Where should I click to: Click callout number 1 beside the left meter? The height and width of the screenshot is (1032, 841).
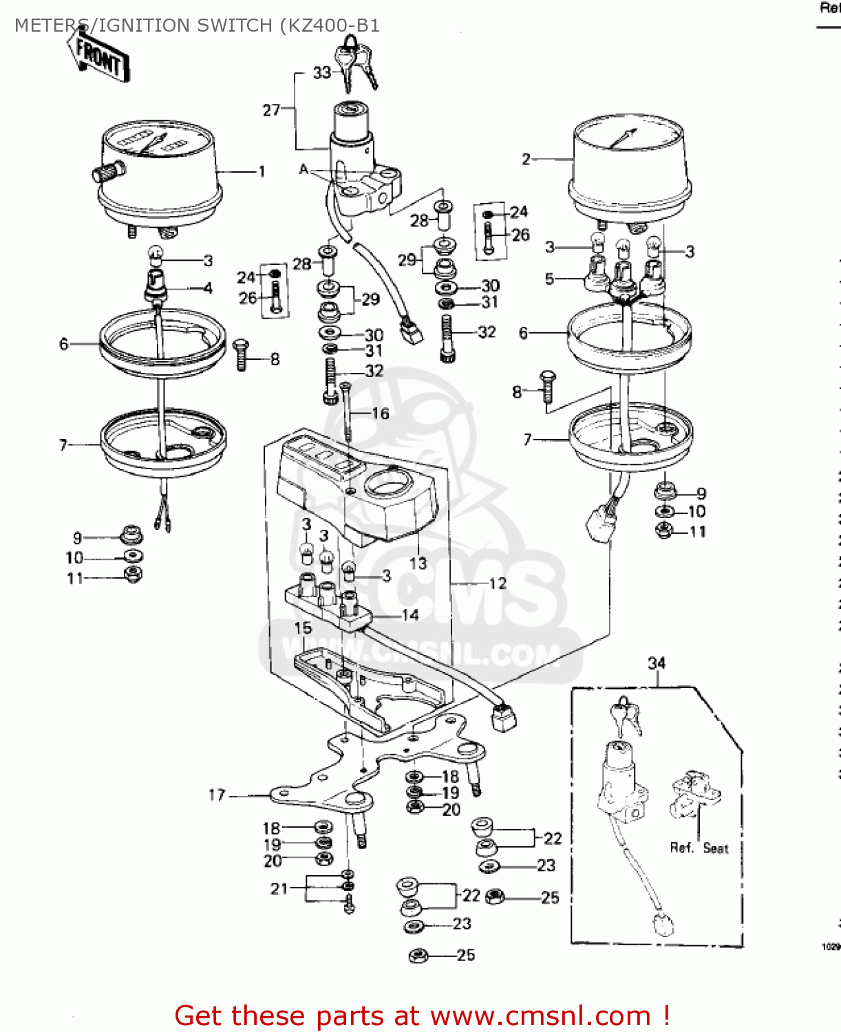pos(262,171)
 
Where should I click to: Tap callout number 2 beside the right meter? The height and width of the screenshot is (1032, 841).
pos(526,160)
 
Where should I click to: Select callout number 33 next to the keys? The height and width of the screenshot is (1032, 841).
pos(321,73)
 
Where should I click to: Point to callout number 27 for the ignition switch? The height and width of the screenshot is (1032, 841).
pos(271,110)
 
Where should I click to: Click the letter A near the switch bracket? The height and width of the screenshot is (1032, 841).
pos(304,169)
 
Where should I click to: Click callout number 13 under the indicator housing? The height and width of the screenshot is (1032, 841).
pos(418,563)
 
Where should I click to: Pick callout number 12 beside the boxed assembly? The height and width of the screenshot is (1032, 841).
pos(498,583)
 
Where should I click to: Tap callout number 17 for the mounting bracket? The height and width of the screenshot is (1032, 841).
pos(217,795)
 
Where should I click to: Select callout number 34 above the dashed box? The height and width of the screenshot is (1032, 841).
pos(657,663)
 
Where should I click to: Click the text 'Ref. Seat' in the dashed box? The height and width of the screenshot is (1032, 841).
pos(699,848)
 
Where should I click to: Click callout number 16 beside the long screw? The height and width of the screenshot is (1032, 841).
pos(381,413)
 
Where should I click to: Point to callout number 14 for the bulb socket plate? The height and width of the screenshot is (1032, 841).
pos(410,615)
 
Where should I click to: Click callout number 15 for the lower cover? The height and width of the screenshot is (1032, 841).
pos(303,628)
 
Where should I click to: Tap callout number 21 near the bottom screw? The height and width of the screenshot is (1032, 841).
pos(279,889)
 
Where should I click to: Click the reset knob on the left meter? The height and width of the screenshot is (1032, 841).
pos(109,171)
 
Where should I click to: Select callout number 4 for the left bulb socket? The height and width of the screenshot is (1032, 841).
pos(208,288)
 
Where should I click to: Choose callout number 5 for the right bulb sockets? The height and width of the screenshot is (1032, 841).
pos(549,279)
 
